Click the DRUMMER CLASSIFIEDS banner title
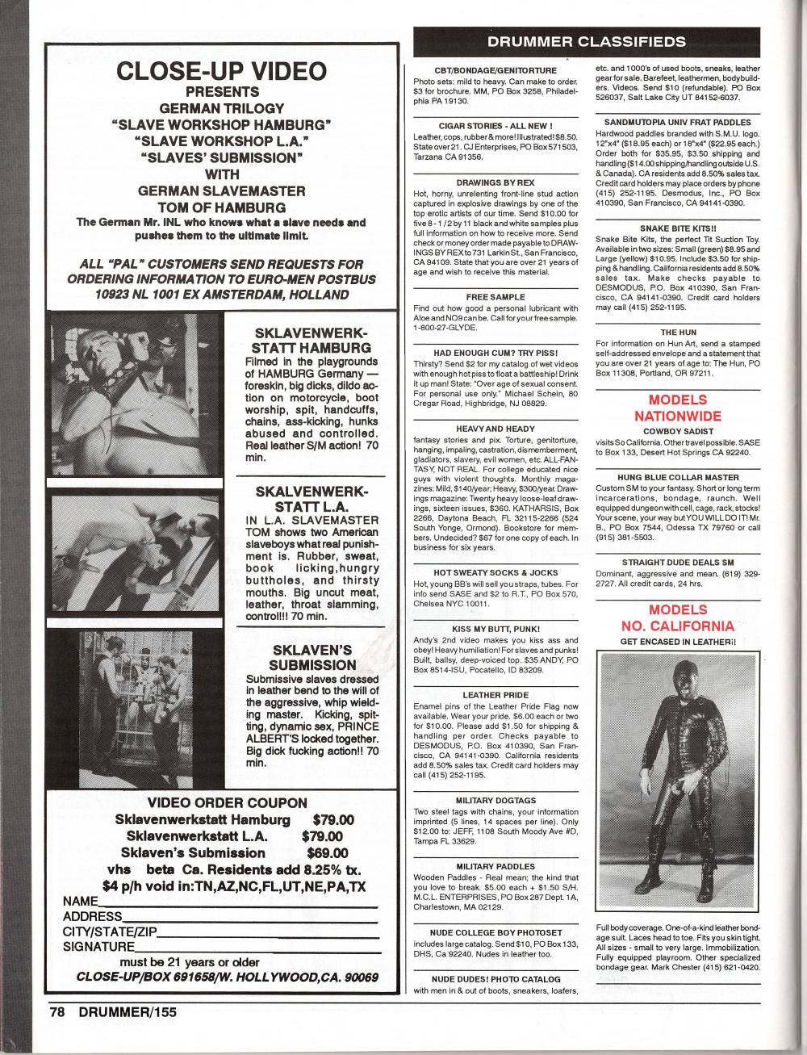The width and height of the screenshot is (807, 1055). coord(587,41)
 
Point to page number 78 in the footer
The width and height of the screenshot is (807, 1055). coord(56,1011)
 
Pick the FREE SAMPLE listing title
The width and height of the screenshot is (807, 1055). coord(495,297)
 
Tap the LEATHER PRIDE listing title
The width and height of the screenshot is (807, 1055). coord(495,694)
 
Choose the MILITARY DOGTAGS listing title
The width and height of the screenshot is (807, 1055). coord(495,800)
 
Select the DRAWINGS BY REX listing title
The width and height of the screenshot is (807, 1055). coord(495,183)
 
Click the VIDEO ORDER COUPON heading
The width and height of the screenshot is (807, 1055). coord(228,802)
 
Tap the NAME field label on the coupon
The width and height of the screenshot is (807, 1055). coord(80,901)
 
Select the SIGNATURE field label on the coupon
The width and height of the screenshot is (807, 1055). coord(98,946)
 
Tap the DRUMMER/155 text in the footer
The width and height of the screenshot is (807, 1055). coord(122,1011)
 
